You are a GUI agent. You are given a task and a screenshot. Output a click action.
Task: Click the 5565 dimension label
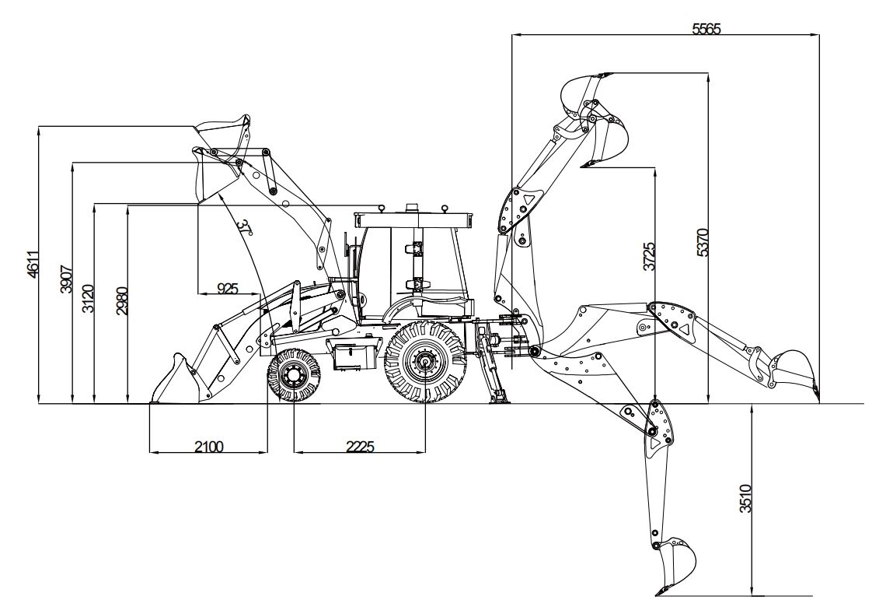(706, 29)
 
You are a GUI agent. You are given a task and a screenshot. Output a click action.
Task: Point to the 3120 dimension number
(89, 299)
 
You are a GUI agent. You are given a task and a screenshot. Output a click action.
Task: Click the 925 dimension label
(227, 289)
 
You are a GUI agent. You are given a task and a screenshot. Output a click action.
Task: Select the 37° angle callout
(246, 227)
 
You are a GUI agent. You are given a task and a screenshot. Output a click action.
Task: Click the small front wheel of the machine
(294, 377)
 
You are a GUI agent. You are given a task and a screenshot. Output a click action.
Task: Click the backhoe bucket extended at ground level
(793, 370)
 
